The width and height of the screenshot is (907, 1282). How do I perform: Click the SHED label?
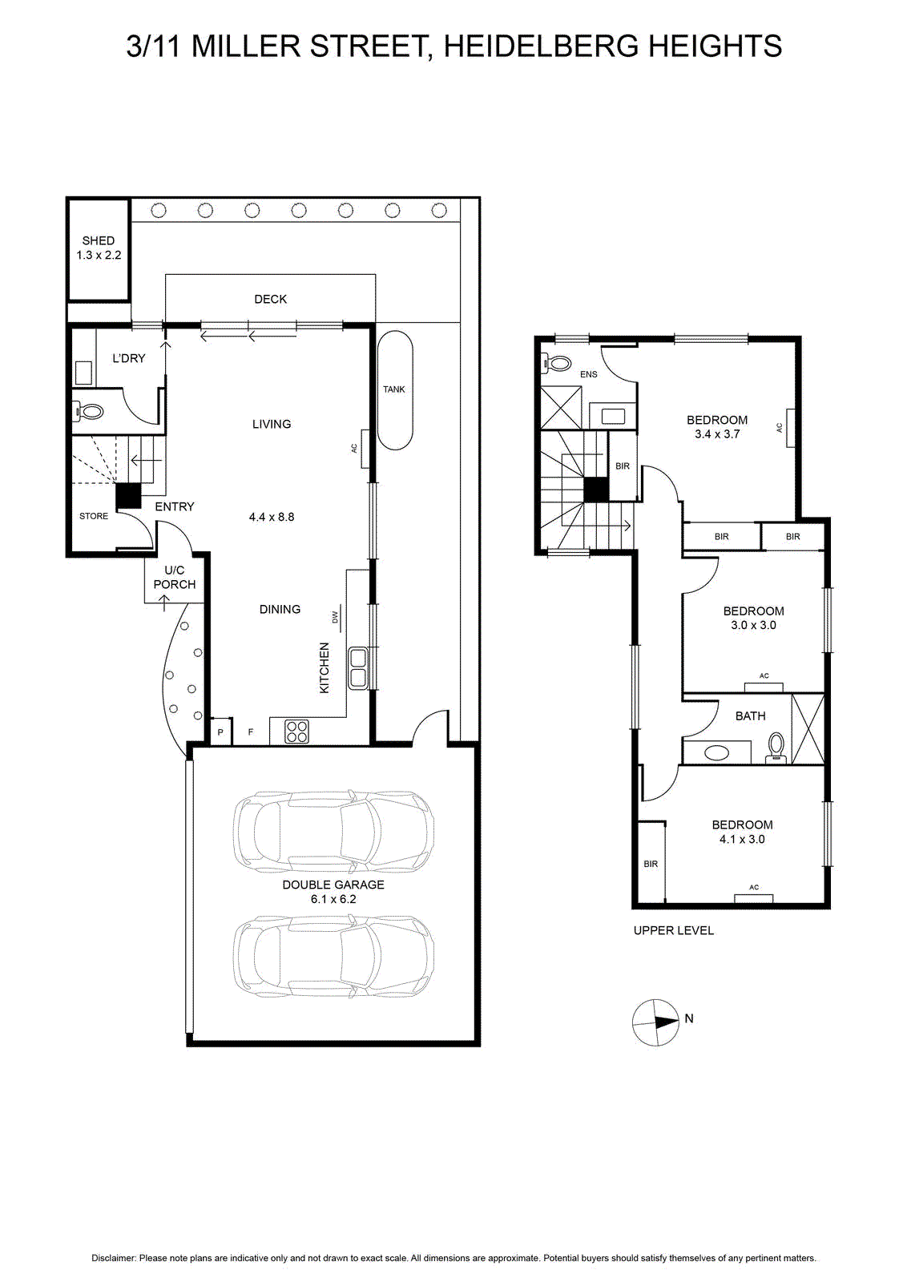(99, 240)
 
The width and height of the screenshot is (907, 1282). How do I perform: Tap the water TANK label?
(394, 389)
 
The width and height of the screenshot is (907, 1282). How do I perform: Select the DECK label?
(271, 299)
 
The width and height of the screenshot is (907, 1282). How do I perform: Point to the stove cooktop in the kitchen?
(296, 732)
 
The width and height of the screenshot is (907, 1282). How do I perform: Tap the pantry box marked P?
(221, 732)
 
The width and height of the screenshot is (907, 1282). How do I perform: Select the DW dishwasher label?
(336, 618)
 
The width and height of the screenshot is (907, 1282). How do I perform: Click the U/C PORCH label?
(175, 578)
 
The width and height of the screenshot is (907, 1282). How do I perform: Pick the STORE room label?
(94, 516)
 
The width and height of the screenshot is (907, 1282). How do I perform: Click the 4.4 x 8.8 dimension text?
(272, 517)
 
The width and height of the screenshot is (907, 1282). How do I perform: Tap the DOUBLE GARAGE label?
(333, 885)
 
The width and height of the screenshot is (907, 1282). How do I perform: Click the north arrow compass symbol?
(655, 1022)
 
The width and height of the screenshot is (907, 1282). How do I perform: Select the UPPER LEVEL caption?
(674, 930)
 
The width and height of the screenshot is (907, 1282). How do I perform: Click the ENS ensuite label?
(589, 374)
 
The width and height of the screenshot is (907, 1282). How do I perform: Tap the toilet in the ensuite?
(556, 363)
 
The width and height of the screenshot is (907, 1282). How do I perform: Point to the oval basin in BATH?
(716, 752)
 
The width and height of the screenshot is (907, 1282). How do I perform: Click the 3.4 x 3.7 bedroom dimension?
(717, 433)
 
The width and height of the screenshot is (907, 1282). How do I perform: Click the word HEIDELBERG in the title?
(542, 46)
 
